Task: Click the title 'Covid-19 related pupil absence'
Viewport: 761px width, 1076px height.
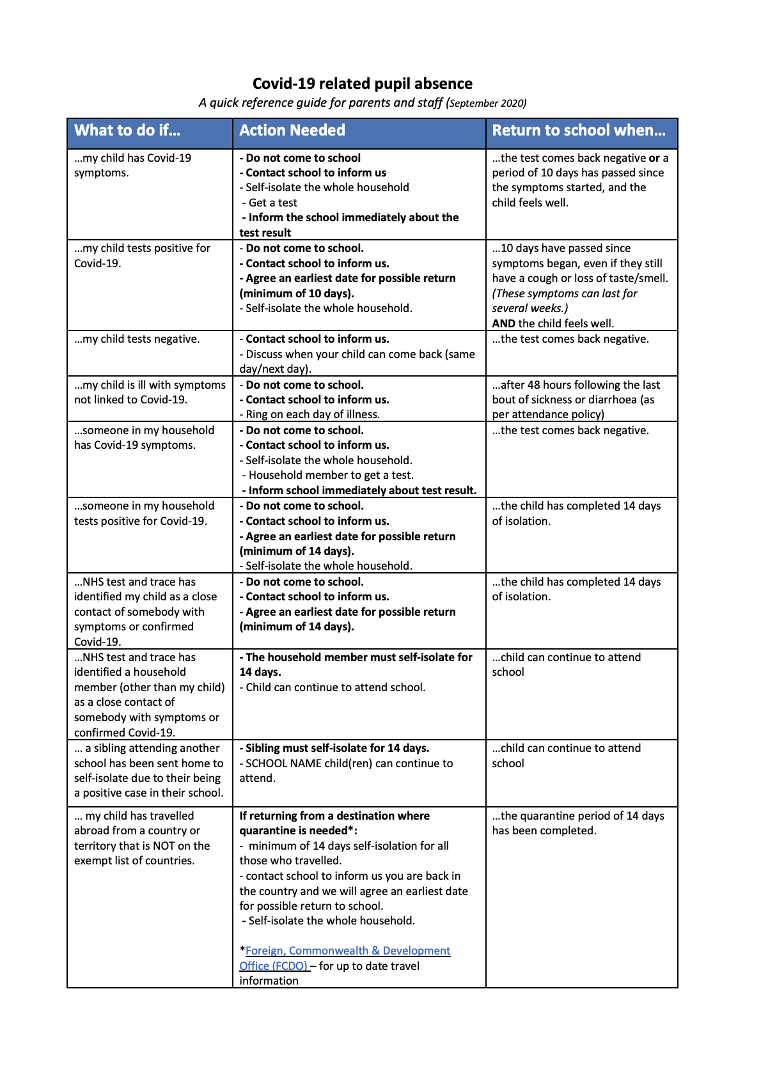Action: [x=362, y=84]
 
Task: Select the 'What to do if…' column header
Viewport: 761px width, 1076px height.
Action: [x=127, y=130]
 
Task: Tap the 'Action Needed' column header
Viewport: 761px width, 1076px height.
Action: [x=292, y=130]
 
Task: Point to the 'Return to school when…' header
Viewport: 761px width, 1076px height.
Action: [x=578, y=130]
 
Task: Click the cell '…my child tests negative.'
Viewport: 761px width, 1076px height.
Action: [x=137, y=339]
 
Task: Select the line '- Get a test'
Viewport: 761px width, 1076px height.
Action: [x=269, y=203]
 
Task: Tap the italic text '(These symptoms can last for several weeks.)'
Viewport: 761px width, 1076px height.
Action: [x=564, y=300]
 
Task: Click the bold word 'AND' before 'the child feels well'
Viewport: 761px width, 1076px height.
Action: [x=503, y=324]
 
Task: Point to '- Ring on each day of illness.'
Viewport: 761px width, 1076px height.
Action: [x=310, y=414]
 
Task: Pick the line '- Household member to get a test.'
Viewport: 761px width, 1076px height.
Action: [x=327, y=475]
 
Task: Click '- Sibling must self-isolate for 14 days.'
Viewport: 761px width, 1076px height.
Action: [x=334, y=748]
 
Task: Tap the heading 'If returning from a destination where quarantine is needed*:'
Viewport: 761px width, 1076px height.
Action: [x=334, y=823]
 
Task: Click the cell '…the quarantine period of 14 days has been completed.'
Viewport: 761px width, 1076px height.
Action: [x=577, y=823]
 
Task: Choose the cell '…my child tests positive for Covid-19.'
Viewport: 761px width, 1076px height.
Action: [x=142, y=256]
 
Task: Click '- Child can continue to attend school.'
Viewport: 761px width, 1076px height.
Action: [x=332, y=687]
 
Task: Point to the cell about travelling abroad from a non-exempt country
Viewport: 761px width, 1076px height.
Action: [x=142, y=838]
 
